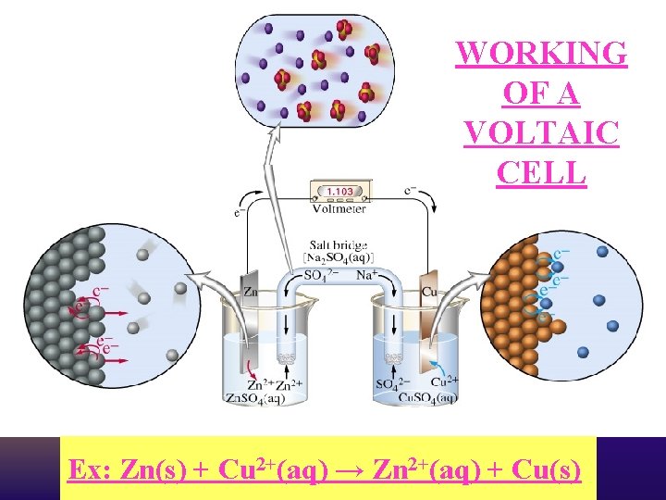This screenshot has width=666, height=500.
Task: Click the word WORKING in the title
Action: coord(541,53)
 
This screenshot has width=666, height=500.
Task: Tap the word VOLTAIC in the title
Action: coord(541,132)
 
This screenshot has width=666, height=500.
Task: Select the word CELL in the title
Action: coord(541,172)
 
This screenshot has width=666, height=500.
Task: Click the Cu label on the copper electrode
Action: coord(428,292)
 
